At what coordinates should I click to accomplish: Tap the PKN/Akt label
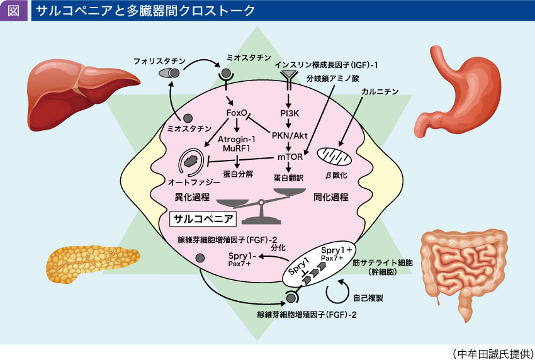coord(290,135)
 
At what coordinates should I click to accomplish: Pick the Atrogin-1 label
coord(236,138)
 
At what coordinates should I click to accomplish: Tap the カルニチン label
coord(380,92)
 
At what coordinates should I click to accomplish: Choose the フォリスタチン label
coord(159,61)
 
